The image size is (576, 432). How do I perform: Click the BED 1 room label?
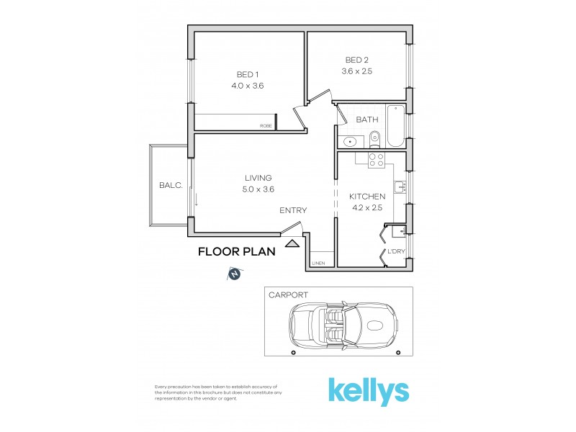pyautogui.click(x=248, y=74)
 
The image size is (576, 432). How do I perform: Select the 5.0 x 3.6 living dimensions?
pyautogui.click(x=258, y=189)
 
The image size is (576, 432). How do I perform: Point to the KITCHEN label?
pyautogui.click(x=367, y=197)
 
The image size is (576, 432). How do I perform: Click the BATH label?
pyautogui.click(x=366, y=120)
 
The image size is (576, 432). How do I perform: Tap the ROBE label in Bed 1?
pyautogui.click(x=266, y=127)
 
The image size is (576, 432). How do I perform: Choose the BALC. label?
pyautogui.click(x=171, y=186)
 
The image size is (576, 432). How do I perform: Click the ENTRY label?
pyautogui.click(x=293, y=211)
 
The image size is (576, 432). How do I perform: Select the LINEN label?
pyautogui.click(x=318, y=264)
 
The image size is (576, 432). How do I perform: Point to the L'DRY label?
pyautogui.click(x=397, y=251)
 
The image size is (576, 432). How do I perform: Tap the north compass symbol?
pyautogui.click(x=235, y=274)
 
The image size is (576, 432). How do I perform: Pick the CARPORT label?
pyautogui.click(x=288, y=295)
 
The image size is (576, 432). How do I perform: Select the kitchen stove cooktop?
pyautogui.click(x=376, y=159)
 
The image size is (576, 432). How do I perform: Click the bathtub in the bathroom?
pyautogui.click(x=396, y=127)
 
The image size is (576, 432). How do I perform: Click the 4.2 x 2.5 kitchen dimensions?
pyautogui.click(x=367, y=208)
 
